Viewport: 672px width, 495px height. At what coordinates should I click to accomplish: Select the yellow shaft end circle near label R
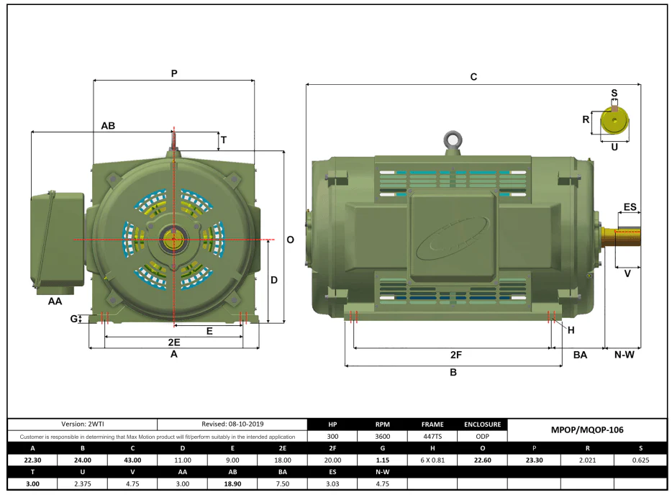point(614,120)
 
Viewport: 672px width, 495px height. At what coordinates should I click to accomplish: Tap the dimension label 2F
point(456,355)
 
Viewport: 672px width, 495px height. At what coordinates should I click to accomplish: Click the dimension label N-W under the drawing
point(624,355)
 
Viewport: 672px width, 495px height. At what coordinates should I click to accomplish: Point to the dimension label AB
point(108,126)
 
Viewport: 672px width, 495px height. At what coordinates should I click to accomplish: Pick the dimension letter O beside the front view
point(291,240)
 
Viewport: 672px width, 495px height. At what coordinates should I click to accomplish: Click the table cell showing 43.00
point(132,460)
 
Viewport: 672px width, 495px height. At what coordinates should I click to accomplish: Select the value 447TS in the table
point(432,436)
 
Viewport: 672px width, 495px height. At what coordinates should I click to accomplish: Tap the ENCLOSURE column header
point(483,424)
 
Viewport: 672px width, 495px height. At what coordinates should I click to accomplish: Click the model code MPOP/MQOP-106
point(587,430)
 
